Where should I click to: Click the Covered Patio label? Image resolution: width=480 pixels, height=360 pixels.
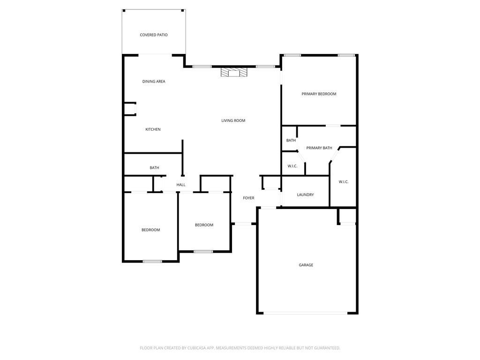coord(154,35)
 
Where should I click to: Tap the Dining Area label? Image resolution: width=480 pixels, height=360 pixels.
coord(154,82)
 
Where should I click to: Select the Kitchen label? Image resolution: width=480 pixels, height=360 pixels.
coord(153,129)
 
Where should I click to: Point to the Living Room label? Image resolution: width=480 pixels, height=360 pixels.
coord(233,121)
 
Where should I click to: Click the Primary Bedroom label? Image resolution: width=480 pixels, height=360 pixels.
coord(319,94)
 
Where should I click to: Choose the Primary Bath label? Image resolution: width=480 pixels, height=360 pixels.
coord(319,148)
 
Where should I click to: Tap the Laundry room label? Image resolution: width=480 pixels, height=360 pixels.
coord(305,195)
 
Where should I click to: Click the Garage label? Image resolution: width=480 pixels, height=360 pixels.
coord(306,265)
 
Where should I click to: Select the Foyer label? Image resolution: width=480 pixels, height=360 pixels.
coord(248,198)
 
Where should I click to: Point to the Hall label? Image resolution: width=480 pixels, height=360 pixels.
coord(181,185)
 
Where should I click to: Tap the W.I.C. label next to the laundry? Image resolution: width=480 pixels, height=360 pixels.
coord(343,182)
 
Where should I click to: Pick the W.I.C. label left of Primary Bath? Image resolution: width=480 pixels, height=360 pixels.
coord(292,166)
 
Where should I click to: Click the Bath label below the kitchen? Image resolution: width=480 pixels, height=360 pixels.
coord(154,168)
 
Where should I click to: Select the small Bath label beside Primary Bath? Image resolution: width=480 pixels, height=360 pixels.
coord(291,141)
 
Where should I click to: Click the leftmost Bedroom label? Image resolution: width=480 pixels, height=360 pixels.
coord(151,230)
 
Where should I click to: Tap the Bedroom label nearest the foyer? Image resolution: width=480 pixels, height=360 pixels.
coord(204,225)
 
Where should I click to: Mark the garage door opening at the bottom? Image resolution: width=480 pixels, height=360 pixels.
coord(306,313)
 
